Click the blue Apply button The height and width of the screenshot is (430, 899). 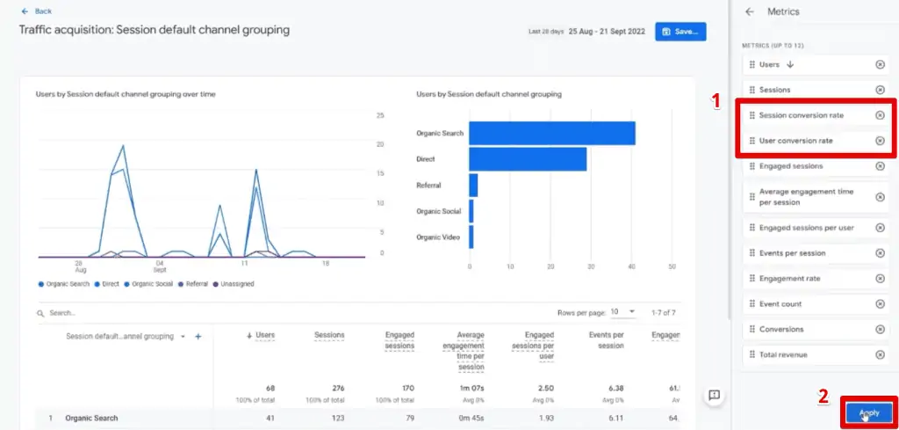pyautogui.click(x=868, y=412)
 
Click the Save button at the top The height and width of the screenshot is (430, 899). pyautogui.click(x=680, y=32)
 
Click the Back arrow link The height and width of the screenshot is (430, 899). pyautogui.click(x=36, y=11)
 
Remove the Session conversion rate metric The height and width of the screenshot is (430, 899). pyautogui.click(x=880, y=115)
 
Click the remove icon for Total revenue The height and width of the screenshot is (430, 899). pyautogui.click(x=880, y=354)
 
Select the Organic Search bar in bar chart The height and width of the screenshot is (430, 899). pyautogui.click(x=551, y=134)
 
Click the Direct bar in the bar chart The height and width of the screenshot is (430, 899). pyautogui.click(x=527, y=159)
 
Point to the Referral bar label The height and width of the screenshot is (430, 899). pyautogui.click(x=428, y=186)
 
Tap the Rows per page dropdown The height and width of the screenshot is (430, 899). pyautogui.click(x=622, y=312)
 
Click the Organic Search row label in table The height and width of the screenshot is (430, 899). pyautogui.click(x=91, y=418)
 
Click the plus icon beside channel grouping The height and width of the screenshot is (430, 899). pyautogui.click(x=198, y=336)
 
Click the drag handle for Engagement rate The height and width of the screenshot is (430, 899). pyautogui.click(x=752, y=278)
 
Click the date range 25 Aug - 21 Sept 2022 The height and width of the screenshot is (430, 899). pyautogui.click(x=607, y=32)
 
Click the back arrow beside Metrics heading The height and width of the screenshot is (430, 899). pyautogui.click(x=749, y=11)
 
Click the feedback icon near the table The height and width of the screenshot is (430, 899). pyautogui.click(x=714, y=396)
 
